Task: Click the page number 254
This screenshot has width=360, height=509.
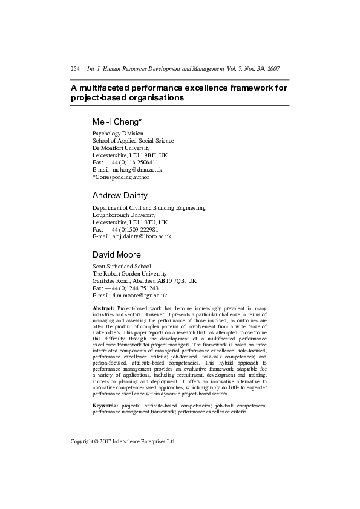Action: coord(75,69)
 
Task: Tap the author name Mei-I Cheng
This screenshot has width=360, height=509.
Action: coord(117,121)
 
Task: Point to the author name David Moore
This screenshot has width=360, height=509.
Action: coord(117,254)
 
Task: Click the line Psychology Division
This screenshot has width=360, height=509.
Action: coord(117,133)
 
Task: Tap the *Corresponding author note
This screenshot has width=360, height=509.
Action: coord(120,177)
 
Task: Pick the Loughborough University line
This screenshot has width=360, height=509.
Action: coord(124,215)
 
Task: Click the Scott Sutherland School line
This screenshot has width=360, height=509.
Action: coord(122,266)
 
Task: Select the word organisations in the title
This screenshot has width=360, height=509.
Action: coord(154,97)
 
